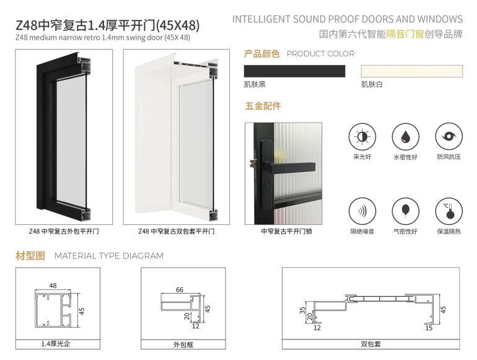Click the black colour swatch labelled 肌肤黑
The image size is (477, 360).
pyautogui.click(x=294, y=71)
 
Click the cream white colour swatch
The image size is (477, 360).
pyautogui.click(x=411, y=71)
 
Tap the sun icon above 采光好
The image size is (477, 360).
pyautogui.click(x=362, y=137)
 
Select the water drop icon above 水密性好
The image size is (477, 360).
pyautogui.click(x=405, y=137)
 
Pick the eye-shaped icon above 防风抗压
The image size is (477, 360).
pyautogui.click(x=449, y=137)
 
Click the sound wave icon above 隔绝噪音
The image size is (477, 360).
pyautogui.click(x=362, y=211)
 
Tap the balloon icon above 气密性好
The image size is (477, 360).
pyautogui.click(x=405, y=211)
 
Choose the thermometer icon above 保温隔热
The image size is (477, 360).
pyautogui.click(x=449, y=211)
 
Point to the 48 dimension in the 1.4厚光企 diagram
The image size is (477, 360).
pyautogui.click(x=53, y=286)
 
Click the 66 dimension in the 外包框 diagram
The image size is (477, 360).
pyautogui.click(x=180, y=290)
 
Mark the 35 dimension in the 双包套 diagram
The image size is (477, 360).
pyautogui.click(x=302, y=310)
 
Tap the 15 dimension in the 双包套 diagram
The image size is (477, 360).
pyautogui.click(x=429, y=328)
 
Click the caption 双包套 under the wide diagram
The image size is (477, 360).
pyautogui.click(x=370, y=344)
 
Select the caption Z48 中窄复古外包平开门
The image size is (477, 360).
pyautogui.click(x=64, y=231)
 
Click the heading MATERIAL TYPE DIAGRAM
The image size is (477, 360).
pyautogui.click(x=109, y=256)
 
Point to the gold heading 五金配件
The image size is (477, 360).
pyautogui.click(x=263, y=106)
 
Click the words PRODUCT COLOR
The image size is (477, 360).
pyautogui.click(x=321, y=54)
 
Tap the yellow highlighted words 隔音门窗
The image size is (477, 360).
pyautogui.click(x=405, y=34)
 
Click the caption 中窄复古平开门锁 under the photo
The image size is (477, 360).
pyautogui.click(x=287, y=231)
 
